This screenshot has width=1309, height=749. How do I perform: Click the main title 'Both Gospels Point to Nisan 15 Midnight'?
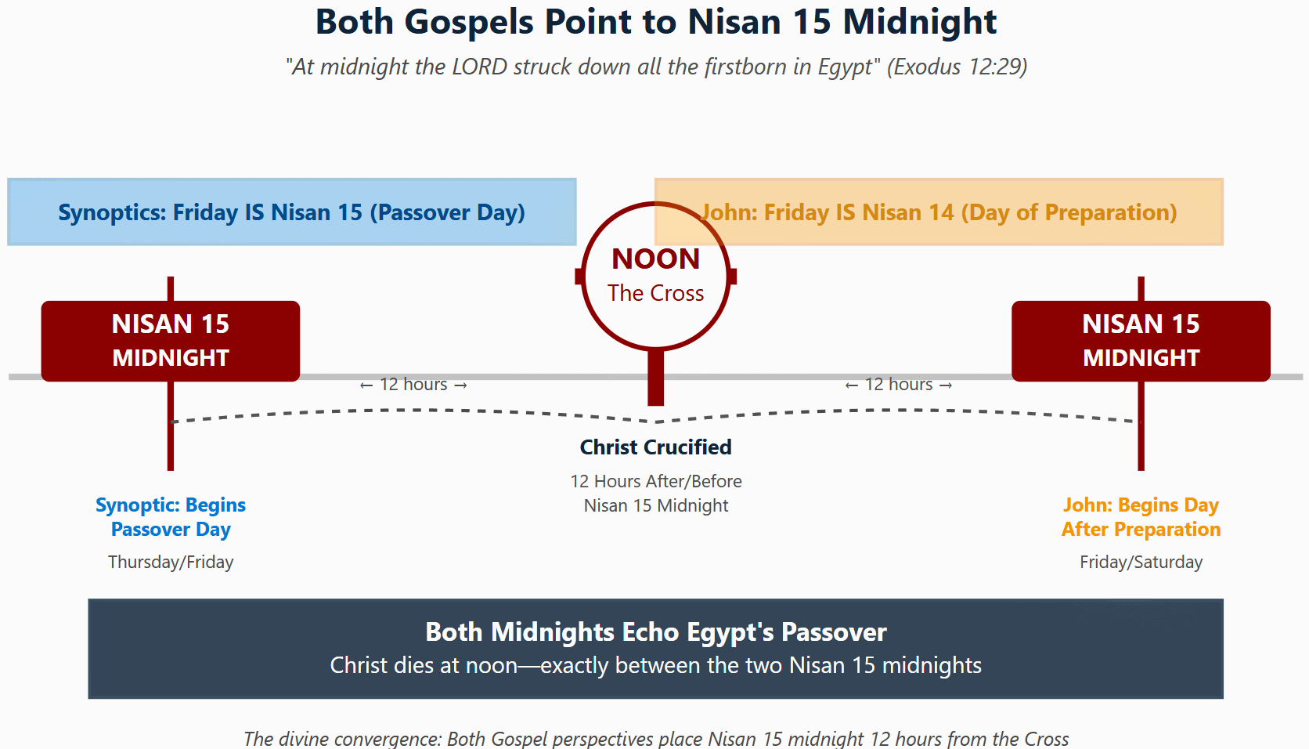(x=655, y=22)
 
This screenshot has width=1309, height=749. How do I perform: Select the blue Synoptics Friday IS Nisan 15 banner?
(x=291, y=212)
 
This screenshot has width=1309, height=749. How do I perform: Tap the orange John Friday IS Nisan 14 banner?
(x=939, y=212)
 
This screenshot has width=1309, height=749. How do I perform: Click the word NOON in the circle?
(x=655, y=259)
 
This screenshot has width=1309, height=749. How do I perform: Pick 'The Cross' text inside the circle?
(x=655, y=293)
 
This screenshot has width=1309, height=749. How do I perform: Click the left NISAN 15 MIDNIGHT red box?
(x=171, y=341)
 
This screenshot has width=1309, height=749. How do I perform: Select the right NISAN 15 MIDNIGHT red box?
(x=1141, y=341)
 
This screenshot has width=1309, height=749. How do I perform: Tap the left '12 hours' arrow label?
(x=413, y=385)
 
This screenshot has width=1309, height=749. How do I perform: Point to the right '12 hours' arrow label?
(x=899, y=385)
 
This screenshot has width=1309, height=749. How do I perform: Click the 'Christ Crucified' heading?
(x=655, y=447)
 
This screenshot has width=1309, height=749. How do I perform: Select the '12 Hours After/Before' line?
(x=655, y=481)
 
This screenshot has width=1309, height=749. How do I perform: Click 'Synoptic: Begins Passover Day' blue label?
(x=171, y=517)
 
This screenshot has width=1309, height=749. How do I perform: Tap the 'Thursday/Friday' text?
(x=171, y=562)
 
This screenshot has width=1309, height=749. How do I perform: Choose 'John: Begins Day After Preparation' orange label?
(x=1141, y=517)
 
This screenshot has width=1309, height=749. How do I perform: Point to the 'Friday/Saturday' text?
(x=1141, y=562)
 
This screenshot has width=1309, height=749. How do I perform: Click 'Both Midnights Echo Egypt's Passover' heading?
(x=655, y=632)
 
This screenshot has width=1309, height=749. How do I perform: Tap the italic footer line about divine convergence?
(x=655, y=739)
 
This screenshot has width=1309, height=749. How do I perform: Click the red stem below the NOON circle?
(x=655, y=377)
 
